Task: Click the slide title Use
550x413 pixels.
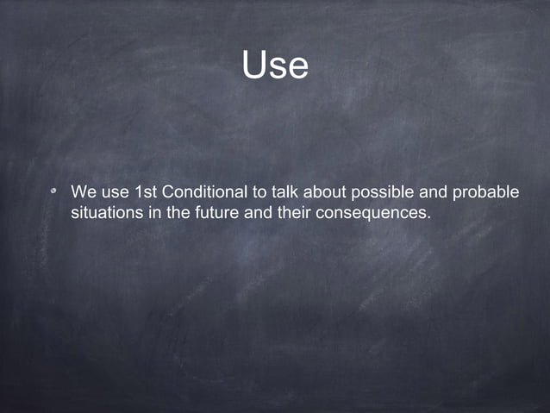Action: pyautogui.click(x=275, y=65)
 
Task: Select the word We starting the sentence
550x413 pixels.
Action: pyautogui.click(x=84, y=191)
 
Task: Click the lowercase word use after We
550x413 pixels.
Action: pyautogui.click(x=116, y=191)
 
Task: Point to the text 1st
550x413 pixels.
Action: pyautogui.click(x=147, y=191)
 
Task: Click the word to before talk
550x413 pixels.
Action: pyautogui.click(x=259, y=191)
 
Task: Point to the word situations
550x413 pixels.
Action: pyautogui.click(x=107, y=212)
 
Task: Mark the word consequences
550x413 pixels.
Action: pyautogui.click(x=372, y=212)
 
